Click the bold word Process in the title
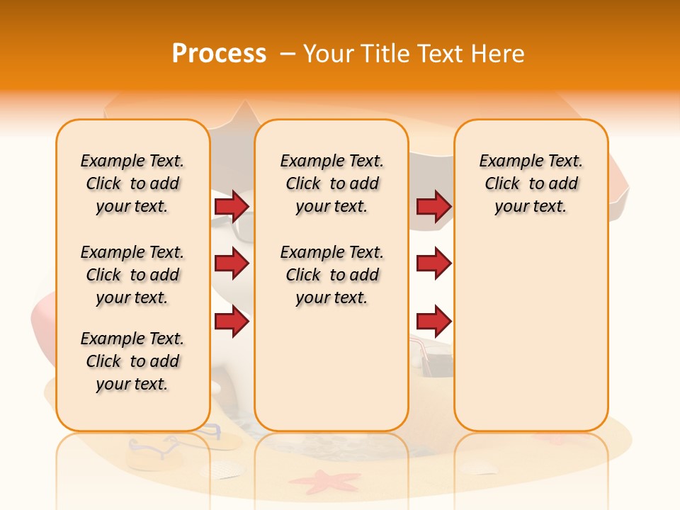tap(219, 54)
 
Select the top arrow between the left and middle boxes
tap(232, 206)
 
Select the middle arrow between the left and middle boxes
tap(232, 263)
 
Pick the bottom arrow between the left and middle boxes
tap(232, 322)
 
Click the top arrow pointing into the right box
tap(433, 206)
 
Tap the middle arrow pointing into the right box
tap(433, 263)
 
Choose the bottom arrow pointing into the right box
tap(433, 322)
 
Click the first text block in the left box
tap(132, 183)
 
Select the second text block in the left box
tap(132, 275)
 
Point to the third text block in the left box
tap(132, 361)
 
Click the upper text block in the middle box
tap(331, 183)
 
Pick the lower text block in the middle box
tap(331, 275)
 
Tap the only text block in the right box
tap(531, 183)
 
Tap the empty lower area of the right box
tap(531, 333)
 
